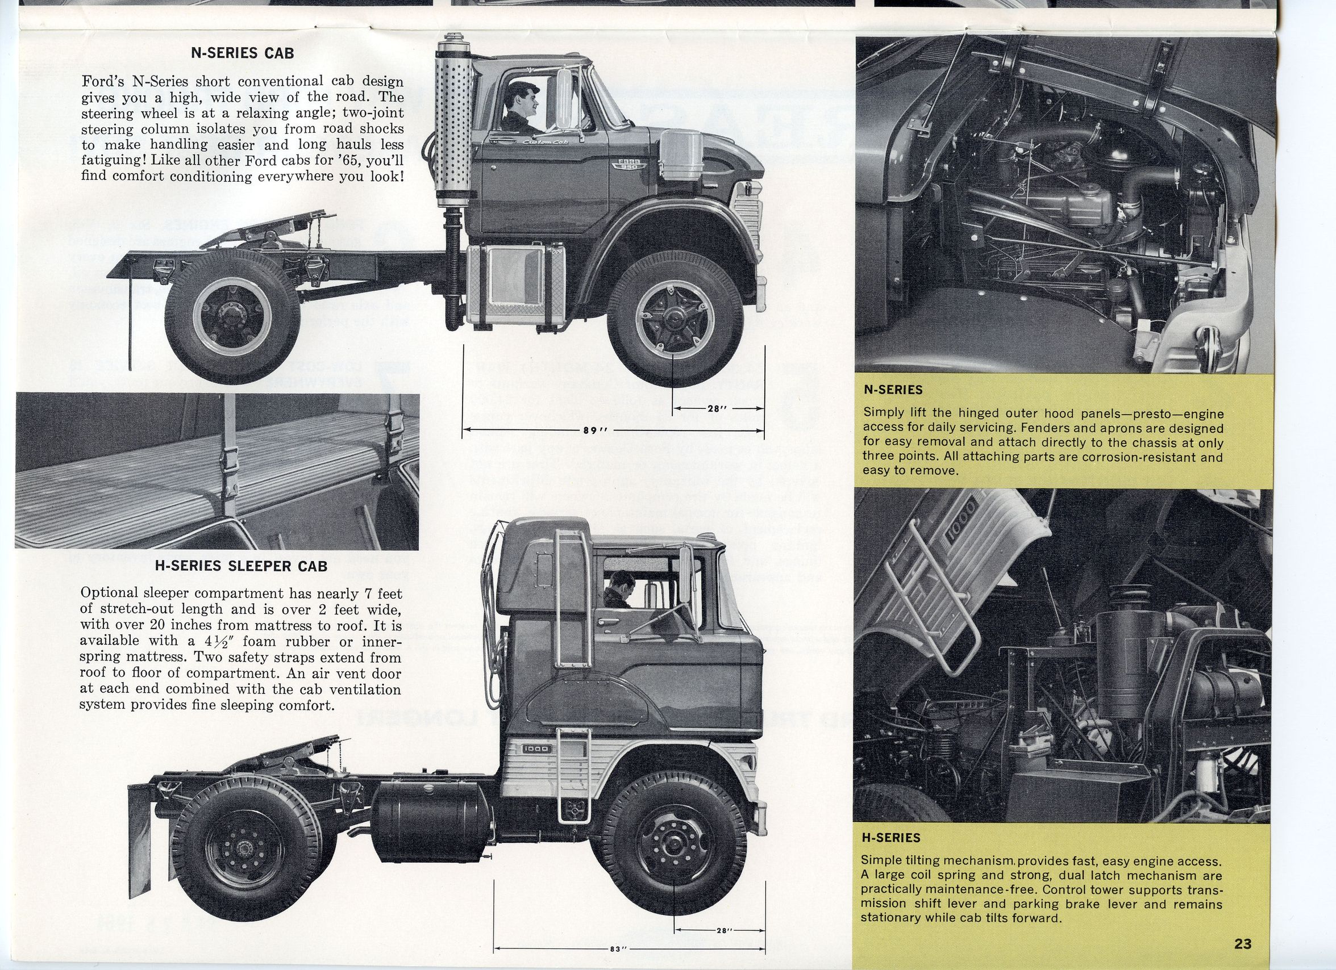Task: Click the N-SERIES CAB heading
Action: point(243,53)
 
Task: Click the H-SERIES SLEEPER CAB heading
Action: point(241,566)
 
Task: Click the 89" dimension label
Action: point(590,430)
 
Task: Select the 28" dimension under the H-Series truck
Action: point(724,931)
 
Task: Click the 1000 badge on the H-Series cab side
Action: point(535,749)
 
